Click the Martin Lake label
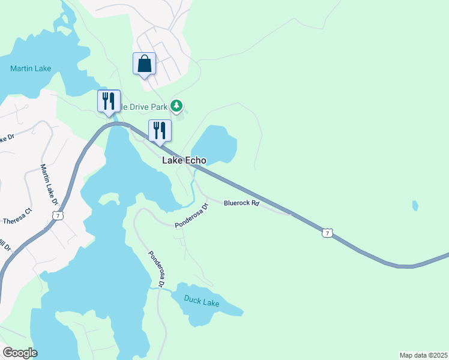31,68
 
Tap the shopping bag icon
144,64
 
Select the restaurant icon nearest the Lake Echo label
160,131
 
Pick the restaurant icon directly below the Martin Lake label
109,101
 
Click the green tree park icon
176,106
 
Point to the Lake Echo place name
184,161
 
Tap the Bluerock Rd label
241,203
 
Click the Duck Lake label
202,302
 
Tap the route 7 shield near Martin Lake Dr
56,215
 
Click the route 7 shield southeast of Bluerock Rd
327,232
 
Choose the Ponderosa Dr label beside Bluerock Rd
191,216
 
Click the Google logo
20,353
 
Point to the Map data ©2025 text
423,355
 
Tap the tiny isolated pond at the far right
415,206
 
